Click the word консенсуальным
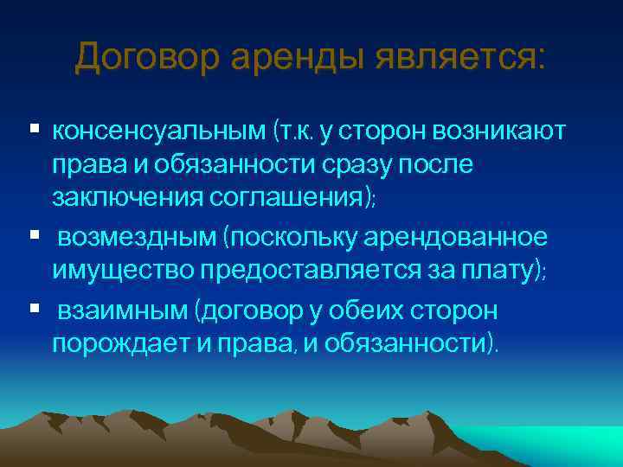(x=158, y=131)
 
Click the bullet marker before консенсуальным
(x=34, y=129)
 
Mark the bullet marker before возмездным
(x=34, y=234)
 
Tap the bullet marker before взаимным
(x=34, y=307)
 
